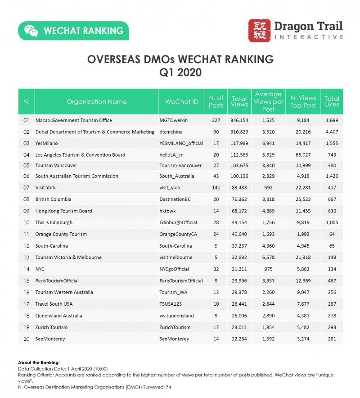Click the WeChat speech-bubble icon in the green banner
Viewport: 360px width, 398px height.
31,31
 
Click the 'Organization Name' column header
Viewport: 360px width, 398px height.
96,102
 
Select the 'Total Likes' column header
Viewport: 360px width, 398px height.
332,102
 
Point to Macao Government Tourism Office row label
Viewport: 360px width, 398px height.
74,121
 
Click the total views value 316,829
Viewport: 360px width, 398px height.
239,132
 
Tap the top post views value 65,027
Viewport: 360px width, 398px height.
303,155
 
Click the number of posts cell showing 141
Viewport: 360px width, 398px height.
216,188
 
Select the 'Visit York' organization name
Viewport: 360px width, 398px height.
45,188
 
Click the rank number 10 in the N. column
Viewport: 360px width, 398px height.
26,222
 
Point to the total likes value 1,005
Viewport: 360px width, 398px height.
332,222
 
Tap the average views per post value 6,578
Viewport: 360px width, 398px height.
268,258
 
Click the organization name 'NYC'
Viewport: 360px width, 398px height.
40,269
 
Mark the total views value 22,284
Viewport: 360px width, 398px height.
239,339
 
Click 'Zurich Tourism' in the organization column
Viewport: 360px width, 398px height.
51,327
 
